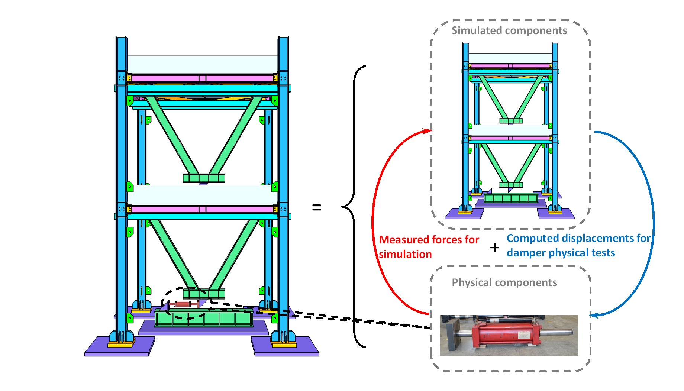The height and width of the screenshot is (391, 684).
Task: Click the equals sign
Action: pyautogui.click(x=316, y=207)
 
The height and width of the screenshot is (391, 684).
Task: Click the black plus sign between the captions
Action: pyautogui.click(x=494, y=248)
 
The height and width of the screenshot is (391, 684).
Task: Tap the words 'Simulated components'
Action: pyautogui.click(x=509, y=30)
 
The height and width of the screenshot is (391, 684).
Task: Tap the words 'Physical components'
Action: pyautogui.click(x=504, y=282)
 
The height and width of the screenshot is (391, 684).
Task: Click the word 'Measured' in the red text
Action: pyautogui.click(x=402, y=240)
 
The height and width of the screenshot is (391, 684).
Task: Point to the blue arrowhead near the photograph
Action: pyautogui.click(x=594, y=316)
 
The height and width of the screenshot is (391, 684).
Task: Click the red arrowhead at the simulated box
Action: pyautogui.click(x=427, y=131)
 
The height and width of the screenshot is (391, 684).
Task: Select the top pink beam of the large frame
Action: pyautogui.click(x=203, y=78)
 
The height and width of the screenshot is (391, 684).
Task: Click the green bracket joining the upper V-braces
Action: pyautogui.click(x=204, y=178)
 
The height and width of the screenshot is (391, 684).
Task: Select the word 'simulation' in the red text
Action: pyautogui.click(x=405, y=254)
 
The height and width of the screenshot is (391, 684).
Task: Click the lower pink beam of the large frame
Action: pyautogui.click(x=203, y=210)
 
